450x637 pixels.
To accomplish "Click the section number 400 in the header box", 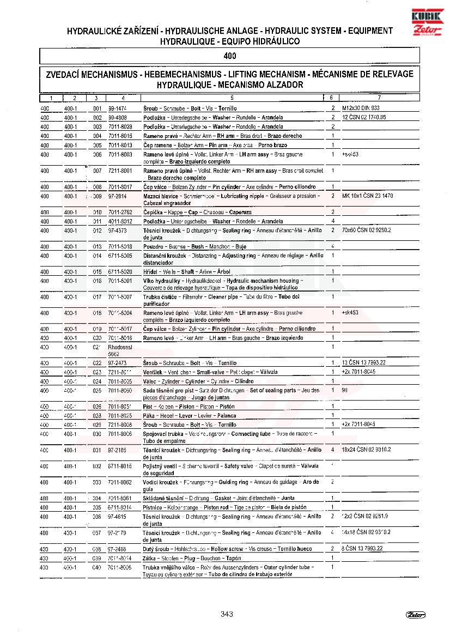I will (x=229, y=56).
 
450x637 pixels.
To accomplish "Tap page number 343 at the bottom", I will (x=227, y=614).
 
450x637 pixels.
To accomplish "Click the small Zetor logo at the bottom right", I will (x=415, y=615).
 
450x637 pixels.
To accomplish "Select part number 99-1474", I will (x=118, y=108).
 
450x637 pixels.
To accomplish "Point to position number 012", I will (x=98, y=230).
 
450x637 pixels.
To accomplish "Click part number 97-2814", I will (x=118, y=196).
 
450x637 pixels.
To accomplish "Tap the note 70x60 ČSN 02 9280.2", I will (x=367, y=230).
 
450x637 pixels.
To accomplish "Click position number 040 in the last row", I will (x=98, y=567).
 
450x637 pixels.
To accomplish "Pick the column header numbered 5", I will (x=232, y=98).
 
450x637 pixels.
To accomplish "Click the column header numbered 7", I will (x=379, y=98).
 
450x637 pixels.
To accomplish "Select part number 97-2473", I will (x=118, y=363).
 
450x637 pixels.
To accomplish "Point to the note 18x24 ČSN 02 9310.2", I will (x=366, y=450).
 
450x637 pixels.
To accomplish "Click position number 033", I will (x=98, y=482).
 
